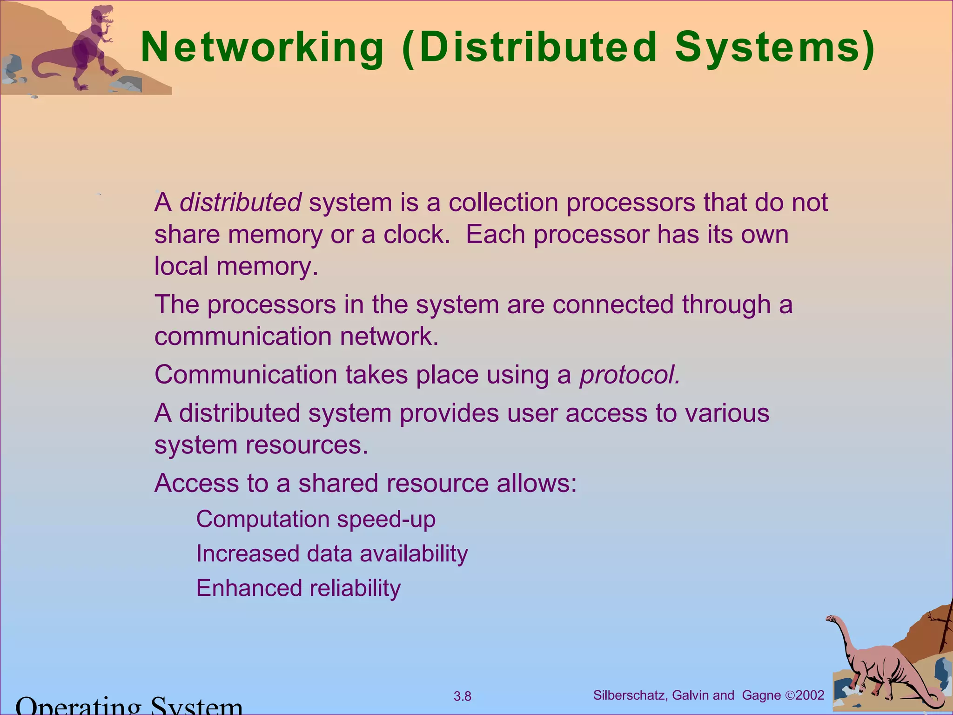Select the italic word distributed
coord(241,203)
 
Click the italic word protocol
coord(629,375)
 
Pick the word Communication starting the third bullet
coord(246,375)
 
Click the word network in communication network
coord(389,337)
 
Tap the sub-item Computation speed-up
coord(315,519)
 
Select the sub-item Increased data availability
coord(332,554)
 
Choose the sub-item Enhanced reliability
coord(298,588)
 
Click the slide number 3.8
coord(463,697)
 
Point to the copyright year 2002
coord(810,695)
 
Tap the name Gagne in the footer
coord(762,695)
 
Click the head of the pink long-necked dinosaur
coord(831,619)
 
